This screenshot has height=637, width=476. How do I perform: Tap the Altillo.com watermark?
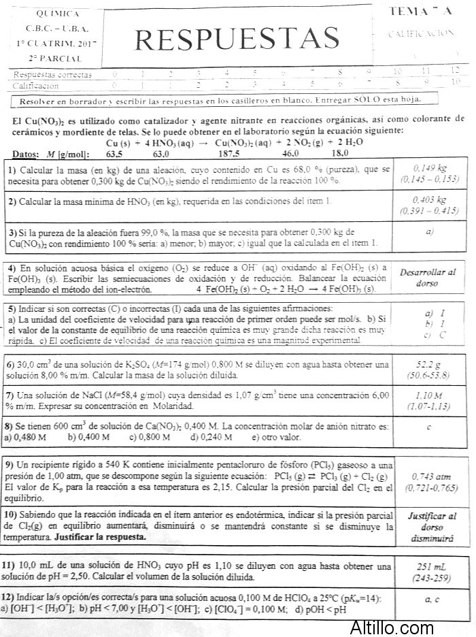coord(392,627)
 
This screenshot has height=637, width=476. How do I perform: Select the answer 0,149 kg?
coord(430,167)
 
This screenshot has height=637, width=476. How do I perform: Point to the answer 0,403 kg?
coord(430,200)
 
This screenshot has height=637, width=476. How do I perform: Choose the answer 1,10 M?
coord(430,396)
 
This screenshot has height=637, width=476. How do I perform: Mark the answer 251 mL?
coord(430,567)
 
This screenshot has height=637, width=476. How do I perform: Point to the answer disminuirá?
coord(430,538)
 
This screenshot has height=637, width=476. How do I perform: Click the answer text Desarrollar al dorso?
coord(428,277)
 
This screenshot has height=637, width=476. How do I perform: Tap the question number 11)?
coord(10,566)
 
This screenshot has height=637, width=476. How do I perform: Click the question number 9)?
coord(10,463)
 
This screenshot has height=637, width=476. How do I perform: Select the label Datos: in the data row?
coord(27,154)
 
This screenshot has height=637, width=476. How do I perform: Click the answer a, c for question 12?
coord(430,600)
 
